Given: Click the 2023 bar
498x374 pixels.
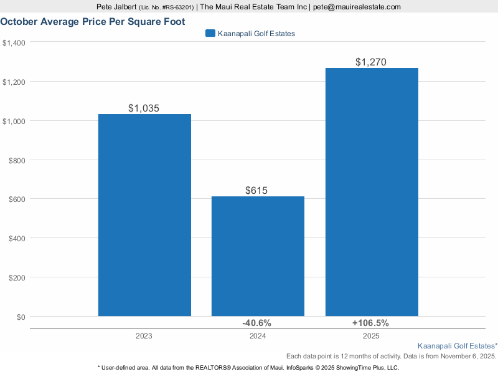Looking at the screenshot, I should [144, 215].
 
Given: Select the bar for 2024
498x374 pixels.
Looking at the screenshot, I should [258, 256].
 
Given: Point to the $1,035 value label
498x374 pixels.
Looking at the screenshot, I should [144, 108].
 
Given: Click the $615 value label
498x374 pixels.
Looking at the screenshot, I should [258, 190].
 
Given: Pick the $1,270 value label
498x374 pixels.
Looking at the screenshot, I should [371, 62].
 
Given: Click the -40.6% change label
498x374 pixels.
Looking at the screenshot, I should [256, 323].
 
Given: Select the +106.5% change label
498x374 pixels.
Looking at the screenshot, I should [370, 323].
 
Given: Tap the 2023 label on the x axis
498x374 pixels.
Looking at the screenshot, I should [144, 335].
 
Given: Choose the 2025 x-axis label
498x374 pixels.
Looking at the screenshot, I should [371, 335].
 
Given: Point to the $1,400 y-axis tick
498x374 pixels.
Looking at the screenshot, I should [14, 42].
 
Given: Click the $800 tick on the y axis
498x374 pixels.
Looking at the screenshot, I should [17, 160].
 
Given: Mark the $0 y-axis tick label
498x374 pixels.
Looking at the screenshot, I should [21, 317].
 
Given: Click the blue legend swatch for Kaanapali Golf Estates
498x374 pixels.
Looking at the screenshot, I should [210, 34].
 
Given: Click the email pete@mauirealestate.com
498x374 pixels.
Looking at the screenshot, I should [357, 7].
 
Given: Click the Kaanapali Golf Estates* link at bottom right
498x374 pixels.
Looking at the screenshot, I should [457, 345].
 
